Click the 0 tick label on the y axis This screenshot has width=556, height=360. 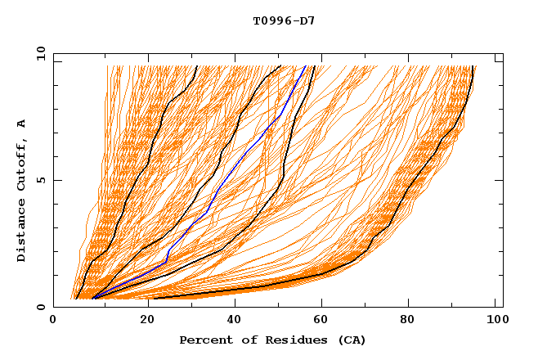coord(40,307)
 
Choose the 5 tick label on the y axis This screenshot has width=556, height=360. coord(40,180)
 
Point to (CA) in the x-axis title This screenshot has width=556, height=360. coord(352,340)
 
